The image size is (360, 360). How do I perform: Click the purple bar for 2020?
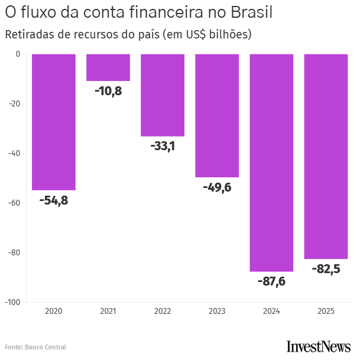tap(54, 122)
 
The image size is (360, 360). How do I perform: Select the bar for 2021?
tap(108, 67)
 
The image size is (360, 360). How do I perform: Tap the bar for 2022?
tap(163, 95)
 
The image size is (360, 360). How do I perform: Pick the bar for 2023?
tap(217, 115)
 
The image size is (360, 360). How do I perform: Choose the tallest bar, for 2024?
tap(271, 163)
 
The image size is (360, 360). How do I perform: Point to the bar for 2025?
tap(326, 156)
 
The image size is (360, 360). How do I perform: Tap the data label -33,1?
tap(163, 146)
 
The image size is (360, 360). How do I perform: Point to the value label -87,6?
tap(271, 281)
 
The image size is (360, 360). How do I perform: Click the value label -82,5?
tap(326, 269)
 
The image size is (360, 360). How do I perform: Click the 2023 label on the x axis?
tap(217, 311)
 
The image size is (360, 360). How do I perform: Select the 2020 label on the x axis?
tap(54, 311)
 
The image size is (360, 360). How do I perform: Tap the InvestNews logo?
tap(318, 346)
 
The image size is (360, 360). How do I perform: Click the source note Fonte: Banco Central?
tap(35, 347)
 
